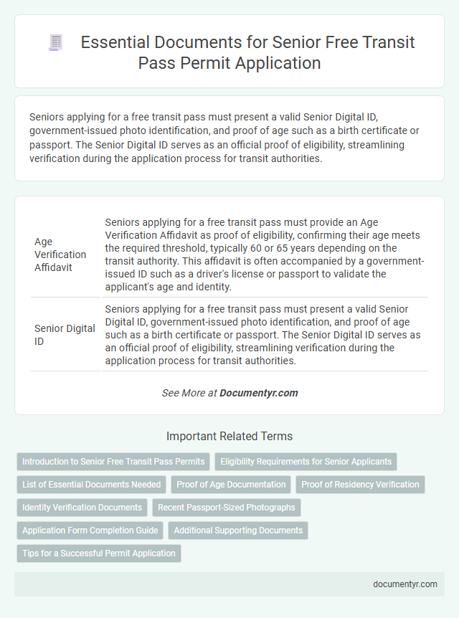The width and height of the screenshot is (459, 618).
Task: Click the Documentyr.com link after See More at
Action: click(x=258, y=393)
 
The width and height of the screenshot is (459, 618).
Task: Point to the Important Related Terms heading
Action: click(x=229, y=436)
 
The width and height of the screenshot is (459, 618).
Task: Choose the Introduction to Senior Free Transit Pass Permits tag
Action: click(x=113, y=462)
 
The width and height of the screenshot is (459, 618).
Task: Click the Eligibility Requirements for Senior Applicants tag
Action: click(x=306, y=462)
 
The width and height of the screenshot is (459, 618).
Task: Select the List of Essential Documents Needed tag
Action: click(x=92, y=485)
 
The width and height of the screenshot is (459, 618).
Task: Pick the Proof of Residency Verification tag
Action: click(x=360, y=485)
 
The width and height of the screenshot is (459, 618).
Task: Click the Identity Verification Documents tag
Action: click(x=82, y=508)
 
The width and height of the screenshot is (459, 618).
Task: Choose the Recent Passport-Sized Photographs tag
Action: click(x=227, y=508)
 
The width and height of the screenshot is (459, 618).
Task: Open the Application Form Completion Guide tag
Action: click(x=90, y=531)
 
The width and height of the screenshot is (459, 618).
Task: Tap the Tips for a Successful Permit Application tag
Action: click(x=99, y=553)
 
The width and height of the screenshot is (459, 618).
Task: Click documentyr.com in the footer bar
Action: click(x=405, y=584)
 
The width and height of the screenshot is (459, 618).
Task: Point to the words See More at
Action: click(x=189, y=393)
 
